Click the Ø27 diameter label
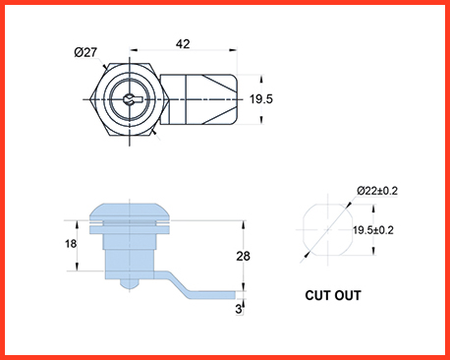[85, 52]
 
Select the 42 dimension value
[183, 44]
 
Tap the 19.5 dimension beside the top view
[261, 99]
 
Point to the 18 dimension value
[71, 244]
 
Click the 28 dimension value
[243, 256]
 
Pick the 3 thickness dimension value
[239, 309]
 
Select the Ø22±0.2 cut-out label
[377, 191]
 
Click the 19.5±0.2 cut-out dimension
[373, 230]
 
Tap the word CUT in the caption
[317, 295]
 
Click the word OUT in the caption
[348, 295]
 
